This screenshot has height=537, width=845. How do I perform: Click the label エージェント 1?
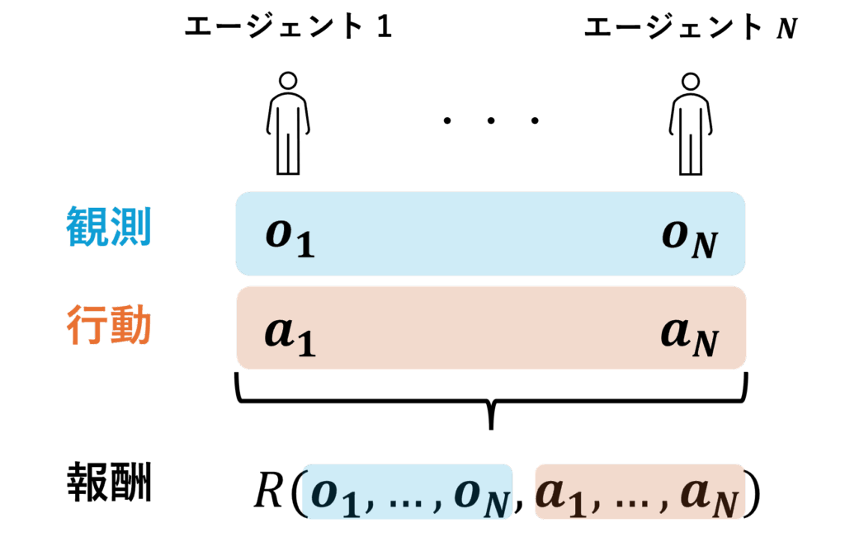coord(287,28)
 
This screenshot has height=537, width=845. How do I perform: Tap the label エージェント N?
coord(690,28)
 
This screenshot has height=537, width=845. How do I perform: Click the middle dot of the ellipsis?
coord(490,121)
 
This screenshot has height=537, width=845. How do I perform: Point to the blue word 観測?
coord(108,226)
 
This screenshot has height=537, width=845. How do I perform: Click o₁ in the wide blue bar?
coord(290,236)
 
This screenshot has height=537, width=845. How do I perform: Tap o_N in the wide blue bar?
coord(689,238)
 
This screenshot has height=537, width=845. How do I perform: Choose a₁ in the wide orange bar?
coord(290,334)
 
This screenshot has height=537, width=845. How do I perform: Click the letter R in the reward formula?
coord(268,492)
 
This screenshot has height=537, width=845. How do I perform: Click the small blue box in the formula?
coord(408,492)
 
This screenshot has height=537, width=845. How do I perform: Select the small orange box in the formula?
coord(639,492)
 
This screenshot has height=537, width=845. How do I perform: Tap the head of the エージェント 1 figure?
coord(287,81)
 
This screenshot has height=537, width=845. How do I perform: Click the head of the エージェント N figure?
coord(690,81)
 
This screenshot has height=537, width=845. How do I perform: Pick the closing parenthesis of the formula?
coord(753,493)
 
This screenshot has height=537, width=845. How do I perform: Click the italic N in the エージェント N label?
coord(786,29)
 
